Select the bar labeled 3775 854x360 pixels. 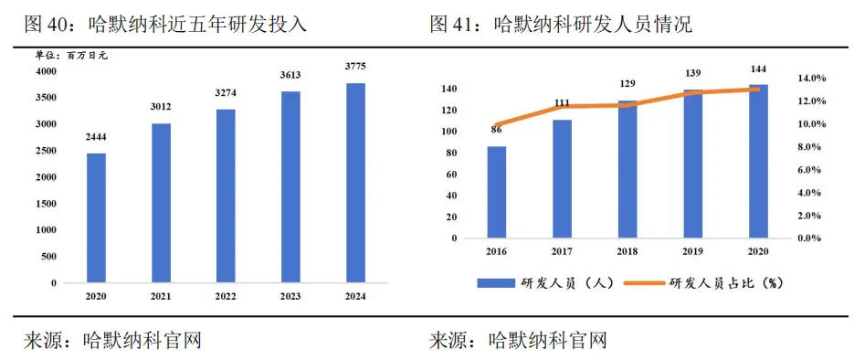(x=356, y=183)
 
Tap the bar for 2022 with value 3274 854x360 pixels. (x=226, y=196)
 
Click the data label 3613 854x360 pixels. (x=291, y=75)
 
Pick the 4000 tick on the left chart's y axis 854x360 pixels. (x=46, y=71)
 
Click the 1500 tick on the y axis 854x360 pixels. (x=46, y=204)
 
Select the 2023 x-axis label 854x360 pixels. (x=290, y=297)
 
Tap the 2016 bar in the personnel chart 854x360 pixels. (x=496, y=192)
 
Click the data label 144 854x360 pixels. (x=759, y=69)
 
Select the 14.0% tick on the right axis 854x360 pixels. (x=813, y=79)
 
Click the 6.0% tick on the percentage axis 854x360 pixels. (x=813, y=170)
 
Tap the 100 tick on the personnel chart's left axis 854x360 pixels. (x=448, y=132)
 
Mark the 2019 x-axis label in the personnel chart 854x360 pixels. (x=693, y=250)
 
